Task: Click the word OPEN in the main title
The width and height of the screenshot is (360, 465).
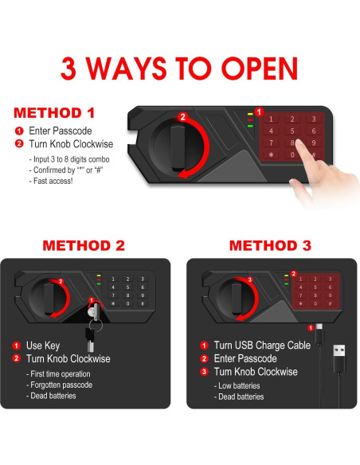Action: [260, 68]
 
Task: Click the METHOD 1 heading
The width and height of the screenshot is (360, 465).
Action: [54, 113]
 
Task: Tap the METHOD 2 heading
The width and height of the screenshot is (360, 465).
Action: [84, 245]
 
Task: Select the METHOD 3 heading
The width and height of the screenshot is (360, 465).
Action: [270, 245]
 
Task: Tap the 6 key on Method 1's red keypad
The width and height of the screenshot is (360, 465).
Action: [314, 131]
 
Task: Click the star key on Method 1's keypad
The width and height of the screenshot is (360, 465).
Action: [271, 154]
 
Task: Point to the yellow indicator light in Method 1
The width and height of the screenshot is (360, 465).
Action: [250, 114]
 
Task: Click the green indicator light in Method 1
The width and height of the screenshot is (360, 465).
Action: [250, 126]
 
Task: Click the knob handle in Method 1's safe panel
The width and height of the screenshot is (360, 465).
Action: [178, 147]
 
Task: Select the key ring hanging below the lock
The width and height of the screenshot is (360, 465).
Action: [96, 326]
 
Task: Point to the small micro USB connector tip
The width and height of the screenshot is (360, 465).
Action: [319, 326]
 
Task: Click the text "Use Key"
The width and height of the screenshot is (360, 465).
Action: [43, 346]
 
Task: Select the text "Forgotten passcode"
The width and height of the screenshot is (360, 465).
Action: [61, 385]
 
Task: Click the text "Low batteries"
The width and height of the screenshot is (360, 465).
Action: [239, 385]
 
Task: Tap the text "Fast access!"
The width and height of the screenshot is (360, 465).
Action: [53, 181]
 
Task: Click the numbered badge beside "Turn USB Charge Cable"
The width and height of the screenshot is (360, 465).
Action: [204, 346]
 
